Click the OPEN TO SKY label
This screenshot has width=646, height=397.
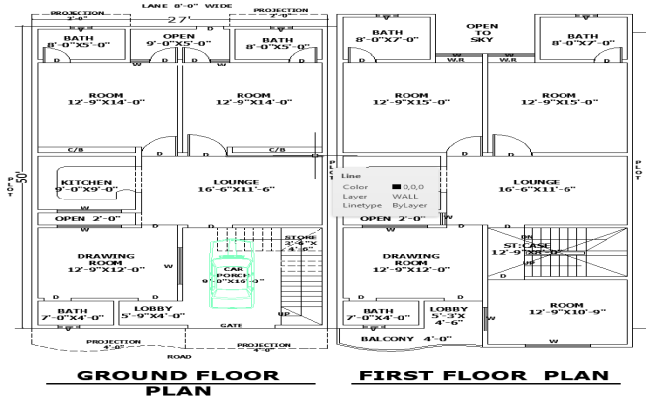coord(482,34)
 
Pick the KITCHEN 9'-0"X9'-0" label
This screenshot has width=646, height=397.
coord(88,186)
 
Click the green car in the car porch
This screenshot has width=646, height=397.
coord(235,279)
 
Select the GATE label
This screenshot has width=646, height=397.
coord(231,325)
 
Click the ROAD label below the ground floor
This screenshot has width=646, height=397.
coord(179,356)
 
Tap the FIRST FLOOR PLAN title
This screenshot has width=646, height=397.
coord(485,376)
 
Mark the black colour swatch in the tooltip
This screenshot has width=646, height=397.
coord(396,186)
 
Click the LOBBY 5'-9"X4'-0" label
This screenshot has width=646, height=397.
coord(152,313)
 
